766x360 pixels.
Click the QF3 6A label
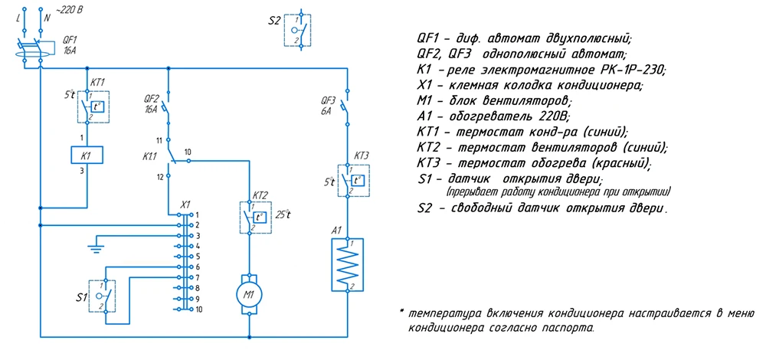pyautogui.click(x=327, y=106)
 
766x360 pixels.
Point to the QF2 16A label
pyautogui.click(x=152, y=105)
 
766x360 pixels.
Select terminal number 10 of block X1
pyautogui.click(x=198, y=309)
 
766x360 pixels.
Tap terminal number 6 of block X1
pyautogui.click(x=198, y=267)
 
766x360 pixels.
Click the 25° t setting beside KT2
pyautogui.click(x=283, y=214)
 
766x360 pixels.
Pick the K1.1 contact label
pyautogui.click(x=149, y=157)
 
